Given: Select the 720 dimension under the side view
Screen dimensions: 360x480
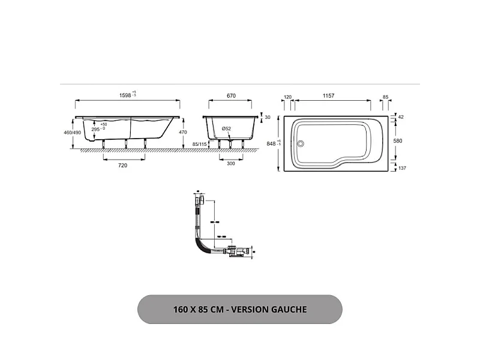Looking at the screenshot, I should coord(123,165).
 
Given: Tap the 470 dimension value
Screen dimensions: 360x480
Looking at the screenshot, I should coord(183,132).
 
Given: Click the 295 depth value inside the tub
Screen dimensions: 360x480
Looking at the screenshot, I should coord(95,130).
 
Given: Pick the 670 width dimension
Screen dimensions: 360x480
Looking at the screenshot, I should coord(231,95).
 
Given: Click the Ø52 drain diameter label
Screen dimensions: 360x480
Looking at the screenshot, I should coord(227,129).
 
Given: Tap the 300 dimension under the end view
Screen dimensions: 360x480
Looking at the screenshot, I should coord(230,165).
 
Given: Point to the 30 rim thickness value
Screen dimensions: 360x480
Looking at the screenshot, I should coord(268,118).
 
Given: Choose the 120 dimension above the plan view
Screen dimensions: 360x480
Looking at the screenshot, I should coord(287,96).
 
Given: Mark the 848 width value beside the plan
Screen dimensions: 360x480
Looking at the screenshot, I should coord(272,144).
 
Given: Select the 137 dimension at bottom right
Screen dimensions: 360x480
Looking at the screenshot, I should coord(401,168).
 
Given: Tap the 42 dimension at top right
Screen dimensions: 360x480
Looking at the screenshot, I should coord(401,117).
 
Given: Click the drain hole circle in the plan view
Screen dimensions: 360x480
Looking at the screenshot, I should coord(301,143).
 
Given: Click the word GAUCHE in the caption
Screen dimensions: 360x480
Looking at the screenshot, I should coord(286,310).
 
